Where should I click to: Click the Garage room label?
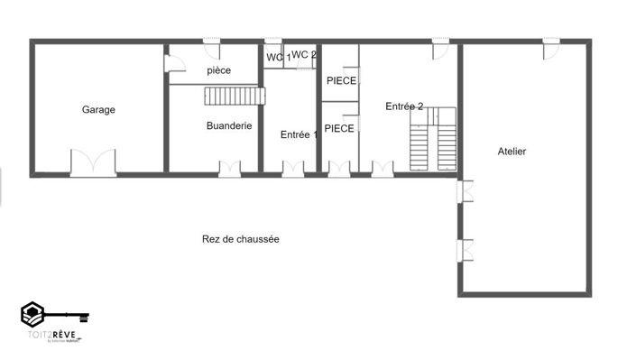(x=98, y=110)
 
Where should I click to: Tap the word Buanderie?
(x=228, y=126)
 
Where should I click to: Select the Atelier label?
(x=512, y=152)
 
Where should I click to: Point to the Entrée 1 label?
(x=299, y=135)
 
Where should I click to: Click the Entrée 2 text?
(x=404, y=106)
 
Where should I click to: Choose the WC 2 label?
(x=304, y=55)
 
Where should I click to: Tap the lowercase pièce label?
(x=219, y=70)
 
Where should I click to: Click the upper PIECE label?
(x=341, y=81)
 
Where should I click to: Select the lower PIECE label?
(x=339, y=129)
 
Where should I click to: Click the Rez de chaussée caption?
(x=240, y=239)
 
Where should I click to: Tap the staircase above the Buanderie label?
(x=236, y=96)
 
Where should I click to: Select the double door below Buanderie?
(x=230, y=168)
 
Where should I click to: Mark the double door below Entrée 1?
(x=293, y=168)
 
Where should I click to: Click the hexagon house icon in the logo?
(x=33, y=315)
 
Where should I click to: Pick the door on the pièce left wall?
(x=171, y=62)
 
